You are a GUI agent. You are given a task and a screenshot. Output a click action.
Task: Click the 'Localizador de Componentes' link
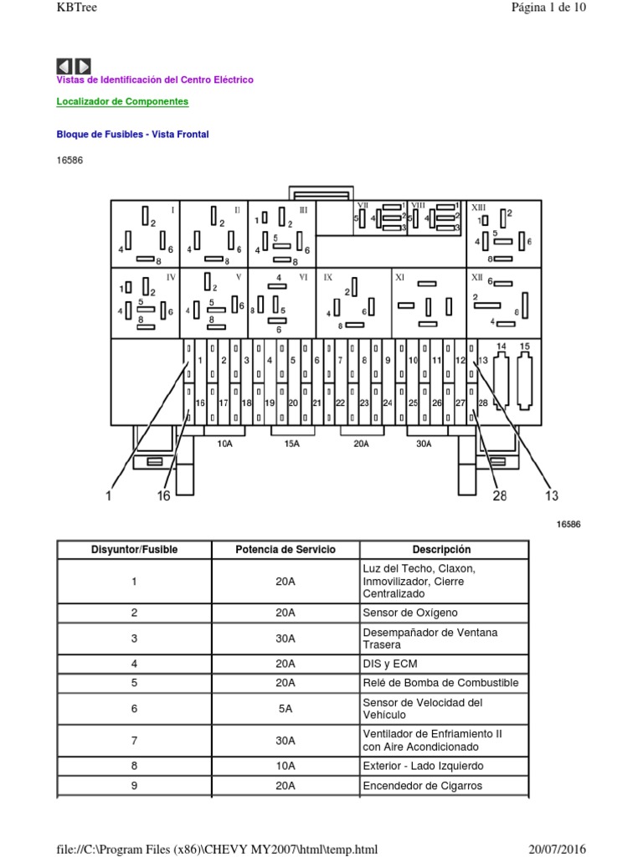click(x=122, y=102)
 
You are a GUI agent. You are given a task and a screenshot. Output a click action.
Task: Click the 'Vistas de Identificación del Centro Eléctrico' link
click(x=154, y=80)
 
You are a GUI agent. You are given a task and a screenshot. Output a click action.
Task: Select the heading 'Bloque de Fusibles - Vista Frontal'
click(x=132, y=134)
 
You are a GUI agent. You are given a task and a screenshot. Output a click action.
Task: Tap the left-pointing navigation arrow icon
click(x=64, y=66)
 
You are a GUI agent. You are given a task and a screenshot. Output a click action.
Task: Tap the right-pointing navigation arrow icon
click(x=83, y=66)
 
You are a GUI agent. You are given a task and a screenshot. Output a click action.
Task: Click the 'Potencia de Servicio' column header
click(x=285, y=550)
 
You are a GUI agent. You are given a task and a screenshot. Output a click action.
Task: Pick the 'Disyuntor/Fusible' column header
click(x=134, y=550)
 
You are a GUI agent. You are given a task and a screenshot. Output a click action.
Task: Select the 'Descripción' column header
click(x=441, y=550)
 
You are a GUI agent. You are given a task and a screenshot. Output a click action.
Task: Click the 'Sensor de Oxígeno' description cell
click(x=410, y=613)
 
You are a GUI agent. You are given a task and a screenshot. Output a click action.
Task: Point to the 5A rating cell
click(x=285, y=709)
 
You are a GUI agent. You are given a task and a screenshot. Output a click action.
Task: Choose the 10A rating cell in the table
click(x=285, y=766)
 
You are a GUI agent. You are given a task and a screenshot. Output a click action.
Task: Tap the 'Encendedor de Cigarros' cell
click(x=423, y=786)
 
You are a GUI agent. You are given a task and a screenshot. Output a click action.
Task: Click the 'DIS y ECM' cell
click(x=387, y=664)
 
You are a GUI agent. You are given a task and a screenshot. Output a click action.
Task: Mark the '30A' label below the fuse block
click(x=424, y=444)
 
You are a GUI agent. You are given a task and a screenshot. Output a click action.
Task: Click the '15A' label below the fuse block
click(x=291, y=444)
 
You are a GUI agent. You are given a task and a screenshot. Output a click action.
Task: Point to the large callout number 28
click(x=499, y=495)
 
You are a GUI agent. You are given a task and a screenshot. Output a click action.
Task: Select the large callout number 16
click(x=163, y=496)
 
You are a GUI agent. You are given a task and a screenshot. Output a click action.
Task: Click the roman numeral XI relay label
click(x=399, y=276)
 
